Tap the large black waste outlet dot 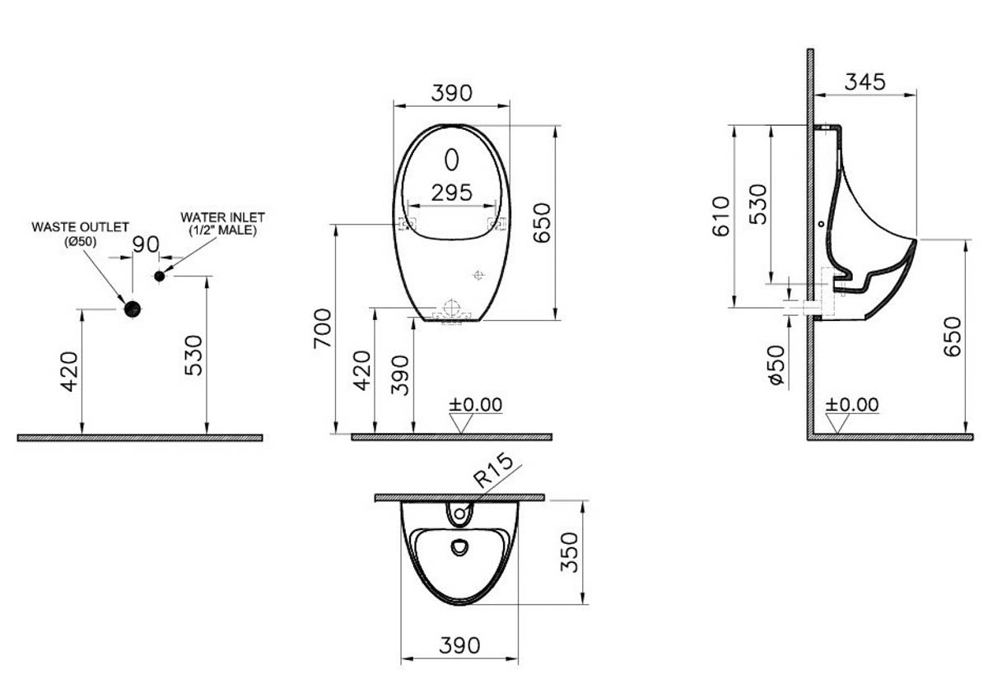pos(133,309)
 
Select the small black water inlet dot pos(159,276)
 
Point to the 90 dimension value pos(146,244)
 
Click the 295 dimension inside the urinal pos(452,193)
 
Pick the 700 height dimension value pos(323,328)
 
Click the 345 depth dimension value pos(865,82)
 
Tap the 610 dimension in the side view pos(721,216)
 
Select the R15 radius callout pos(493,471)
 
